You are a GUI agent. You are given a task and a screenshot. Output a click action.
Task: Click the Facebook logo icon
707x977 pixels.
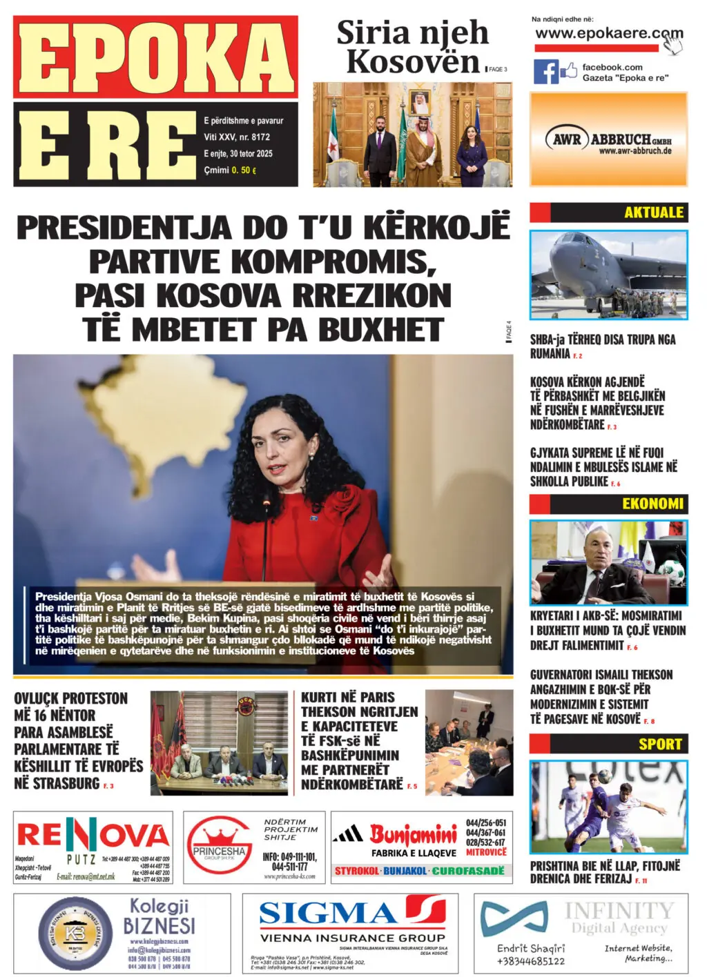point(545,72)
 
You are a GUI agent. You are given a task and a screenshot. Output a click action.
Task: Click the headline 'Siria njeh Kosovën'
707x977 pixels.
point(412,47)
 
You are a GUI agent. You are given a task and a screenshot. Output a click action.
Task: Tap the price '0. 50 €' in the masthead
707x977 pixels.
point(244,170)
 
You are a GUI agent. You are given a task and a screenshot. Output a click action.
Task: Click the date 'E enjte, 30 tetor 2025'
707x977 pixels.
point(238,154)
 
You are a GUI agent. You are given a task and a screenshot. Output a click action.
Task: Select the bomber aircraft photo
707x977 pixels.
point(608,274)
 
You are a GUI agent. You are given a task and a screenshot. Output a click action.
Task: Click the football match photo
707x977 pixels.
point(608,807)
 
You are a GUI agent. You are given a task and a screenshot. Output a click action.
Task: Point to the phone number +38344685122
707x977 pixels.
point(530,961)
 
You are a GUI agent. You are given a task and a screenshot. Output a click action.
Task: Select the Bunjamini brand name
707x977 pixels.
point(413,835)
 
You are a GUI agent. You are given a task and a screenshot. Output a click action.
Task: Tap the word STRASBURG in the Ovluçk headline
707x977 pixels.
point(57,783)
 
